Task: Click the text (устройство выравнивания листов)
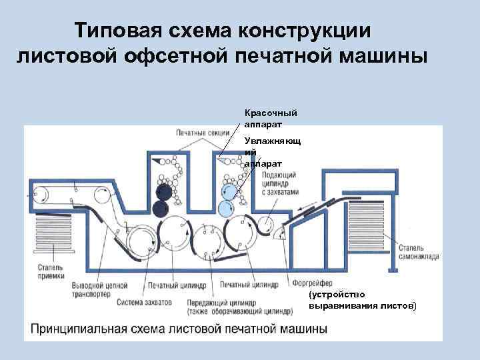(x=361, y=299)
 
